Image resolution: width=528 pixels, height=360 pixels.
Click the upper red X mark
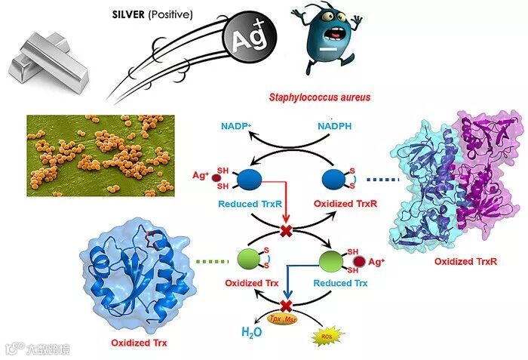point(286,229)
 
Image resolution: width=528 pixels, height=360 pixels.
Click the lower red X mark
point(286,306)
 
